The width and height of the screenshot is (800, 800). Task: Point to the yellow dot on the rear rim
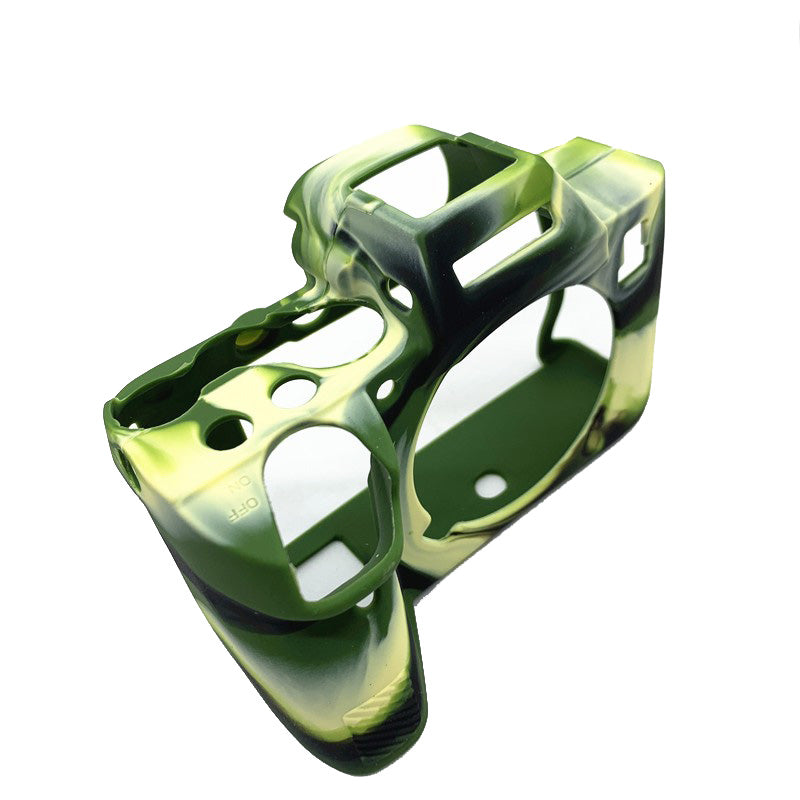click(249, 337)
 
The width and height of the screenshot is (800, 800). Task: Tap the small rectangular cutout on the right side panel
click(633, 253)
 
